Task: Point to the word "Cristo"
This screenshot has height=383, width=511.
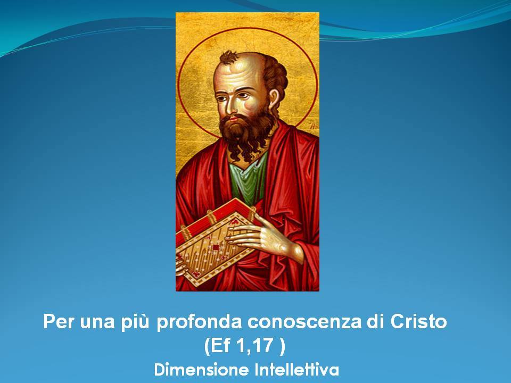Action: point(418,321)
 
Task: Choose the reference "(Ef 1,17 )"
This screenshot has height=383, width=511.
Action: point(244,346)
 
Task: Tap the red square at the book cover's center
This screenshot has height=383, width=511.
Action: point(216,247)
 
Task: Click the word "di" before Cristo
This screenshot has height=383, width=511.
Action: point(376,321)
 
